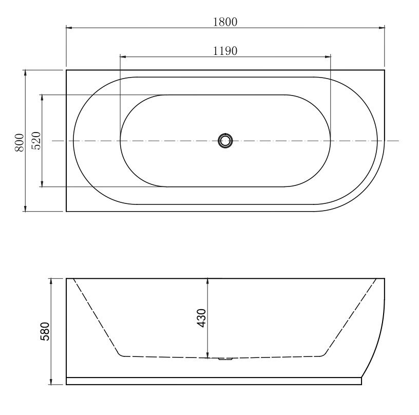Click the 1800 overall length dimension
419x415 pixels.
pyautogui.click(x=225, y=22)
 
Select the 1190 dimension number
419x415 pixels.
pyautogui.click(x=225, y=50)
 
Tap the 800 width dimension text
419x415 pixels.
pyautogui.click(x=20, y=142)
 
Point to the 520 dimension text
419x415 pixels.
pyautogui.click(x=36, y=141)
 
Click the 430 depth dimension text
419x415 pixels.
pyautogui.click(x=202, y=318)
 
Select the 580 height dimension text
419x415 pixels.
pyautogui.click(x=45, y=332)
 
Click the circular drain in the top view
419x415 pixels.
pyautogui.click(x=225, y=140)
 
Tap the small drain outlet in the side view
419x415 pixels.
pyautogui.click(x=225, y=359)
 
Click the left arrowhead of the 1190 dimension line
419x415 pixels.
pyautogui.click(x=123, y=56)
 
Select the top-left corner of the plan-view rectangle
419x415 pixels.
pyautogui.click(x=67, y=70)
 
